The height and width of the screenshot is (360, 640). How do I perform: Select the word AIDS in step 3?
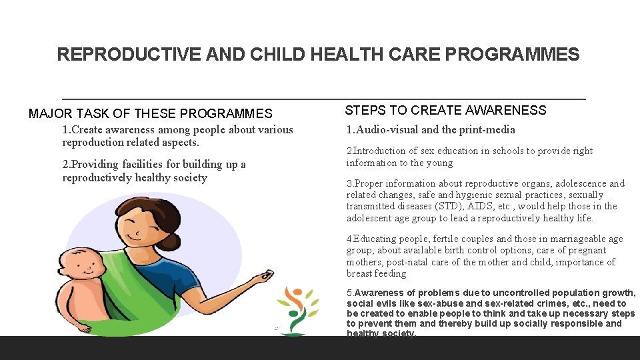448,207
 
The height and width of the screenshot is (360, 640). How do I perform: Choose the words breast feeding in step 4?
376,274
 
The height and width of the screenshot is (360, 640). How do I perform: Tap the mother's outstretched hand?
266,274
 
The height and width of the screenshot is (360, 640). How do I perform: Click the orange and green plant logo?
298,310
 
